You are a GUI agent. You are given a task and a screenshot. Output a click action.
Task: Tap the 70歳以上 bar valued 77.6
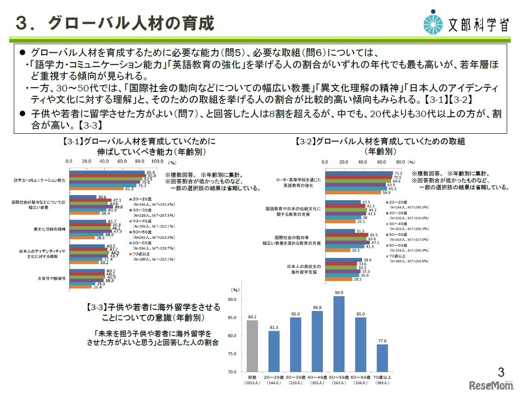coord(382,358)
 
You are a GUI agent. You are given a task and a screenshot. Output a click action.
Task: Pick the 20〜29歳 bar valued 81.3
coord(274,351)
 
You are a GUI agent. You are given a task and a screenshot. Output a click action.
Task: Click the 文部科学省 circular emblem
coord(434,22)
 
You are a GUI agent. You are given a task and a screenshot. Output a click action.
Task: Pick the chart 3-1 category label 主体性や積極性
coord(51,278)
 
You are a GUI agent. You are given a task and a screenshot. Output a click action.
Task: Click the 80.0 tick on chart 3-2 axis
coord(400,162)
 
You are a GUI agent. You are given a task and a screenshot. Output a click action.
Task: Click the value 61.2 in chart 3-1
coord(130,188)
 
